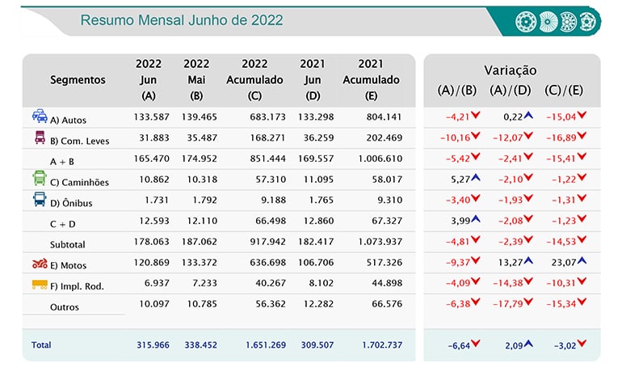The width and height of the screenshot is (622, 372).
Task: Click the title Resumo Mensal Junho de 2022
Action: click(182, 20)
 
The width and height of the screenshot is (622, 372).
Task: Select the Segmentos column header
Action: click(78, 80)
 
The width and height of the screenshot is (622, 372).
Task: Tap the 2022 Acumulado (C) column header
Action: click(254, 80)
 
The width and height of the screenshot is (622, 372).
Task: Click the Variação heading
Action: click(511, 70)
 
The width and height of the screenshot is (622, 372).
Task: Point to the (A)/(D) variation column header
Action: click(511, 90)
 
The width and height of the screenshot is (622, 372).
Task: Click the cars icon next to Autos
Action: click(40, 116)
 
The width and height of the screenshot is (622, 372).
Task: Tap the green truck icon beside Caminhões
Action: click(40, 178)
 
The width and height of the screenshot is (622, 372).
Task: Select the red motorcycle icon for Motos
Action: click(40, 263)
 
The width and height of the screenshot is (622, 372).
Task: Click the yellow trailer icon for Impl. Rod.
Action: click(40, 285)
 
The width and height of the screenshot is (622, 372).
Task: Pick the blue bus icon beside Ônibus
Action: click(40, 199)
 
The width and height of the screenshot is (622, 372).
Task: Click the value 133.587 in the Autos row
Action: click(152, 116)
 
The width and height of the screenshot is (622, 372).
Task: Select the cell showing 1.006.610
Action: click(380, 159)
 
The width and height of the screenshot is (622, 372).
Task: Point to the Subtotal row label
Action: click(67, 244)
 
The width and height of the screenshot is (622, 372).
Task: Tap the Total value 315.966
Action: click(153, 345)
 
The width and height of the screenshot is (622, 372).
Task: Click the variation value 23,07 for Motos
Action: click(563, 263)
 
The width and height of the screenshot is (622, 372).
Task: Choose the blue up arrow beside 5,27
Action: click(476, 177)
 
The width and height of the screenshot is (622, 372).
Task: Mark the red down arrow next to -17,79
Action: click(528, 302)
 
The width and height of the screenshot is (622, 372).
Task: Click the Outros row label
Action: click(65, 306)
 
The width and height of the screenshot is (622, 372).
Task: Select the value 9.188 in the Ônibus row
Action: click(273, 200)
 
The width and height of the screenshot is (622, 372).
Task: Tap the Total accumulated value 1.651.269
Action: click(266, 345)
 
